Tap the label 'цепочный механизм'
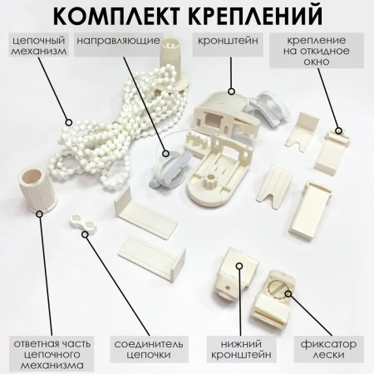point(39,46)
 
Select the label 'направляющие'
point(119,41)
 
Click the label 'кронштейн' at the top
point(228,41)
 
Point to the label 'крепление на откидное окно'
point(317,51)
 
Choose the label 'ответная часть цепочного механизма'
point(52,355)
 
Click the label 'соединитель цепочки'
point(149,349)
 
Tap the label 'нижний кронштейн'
point(241,349)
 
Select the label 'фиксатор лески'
point(328,349)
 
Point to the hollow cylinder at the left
point(36,189)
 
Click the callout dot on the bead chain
point(69,122)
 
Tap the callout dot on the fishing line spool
point(165,153)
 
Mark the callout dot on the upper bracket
point(231,91)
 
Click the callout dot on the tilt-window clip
point(338,130)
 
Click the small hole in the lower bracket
point(228,288)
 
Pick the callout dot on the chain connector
point(86,234)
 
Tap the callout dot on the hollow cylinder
point(40,214)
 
